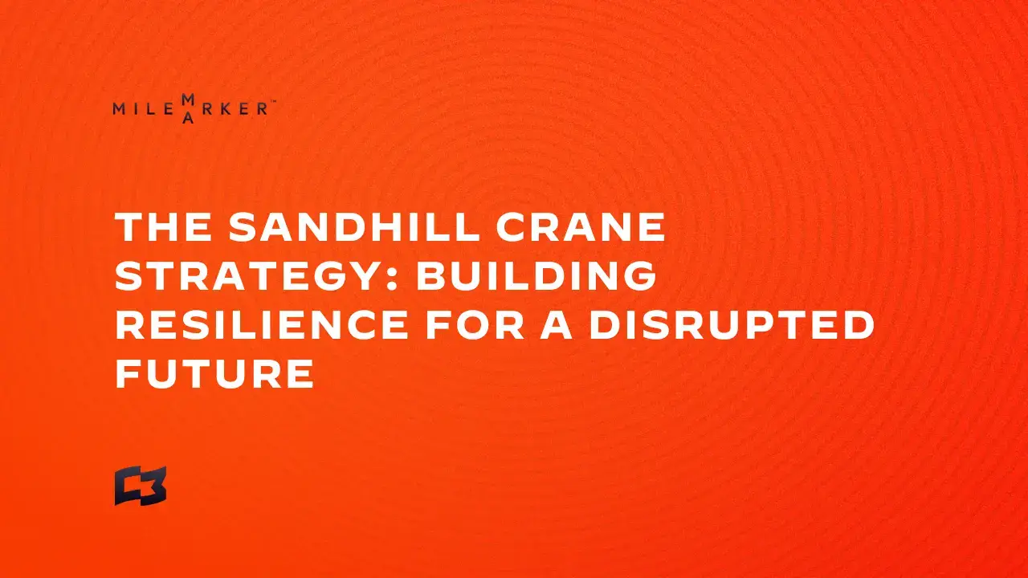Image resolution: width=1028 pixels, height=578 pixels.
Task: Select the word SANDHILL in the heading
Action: click(x=354, y=226)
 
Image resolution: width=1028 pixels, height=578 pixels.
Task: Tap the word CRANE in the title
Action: click(x=581, y=226)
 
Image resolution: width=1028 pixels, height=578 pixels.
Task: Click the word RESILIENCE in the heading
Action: click(x=262, y=324)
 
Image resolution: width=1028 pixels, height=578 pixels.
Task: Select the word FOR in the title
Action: click(x=475, y=324)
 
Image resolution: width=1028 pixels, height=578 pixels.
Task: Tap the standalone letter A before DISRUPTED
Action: click(x=557, y=324)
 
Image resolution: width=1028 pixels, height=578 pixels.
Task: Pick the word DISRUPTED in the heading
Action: click(x=732, y=324)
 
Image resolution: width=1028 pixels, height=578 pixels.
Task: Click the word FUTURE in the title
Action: click(x=214, y=373)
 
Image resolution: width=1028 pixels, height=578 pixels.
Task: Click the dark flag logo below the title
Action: click(x=141, y=486)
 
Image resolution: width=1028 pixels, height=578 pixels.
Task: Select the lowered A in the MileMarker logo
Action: click(x=188, y=118)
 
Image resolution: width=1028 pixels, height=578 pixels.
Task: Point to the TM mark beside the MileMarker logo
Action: click(x=272, y=102)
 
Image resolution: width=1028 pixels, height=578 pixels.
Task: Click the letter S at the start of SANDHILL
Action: click(x=243, y=226)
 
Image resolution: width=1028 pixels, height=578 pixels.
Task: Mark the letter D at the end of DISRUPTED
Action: click(x=859, y=324)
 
